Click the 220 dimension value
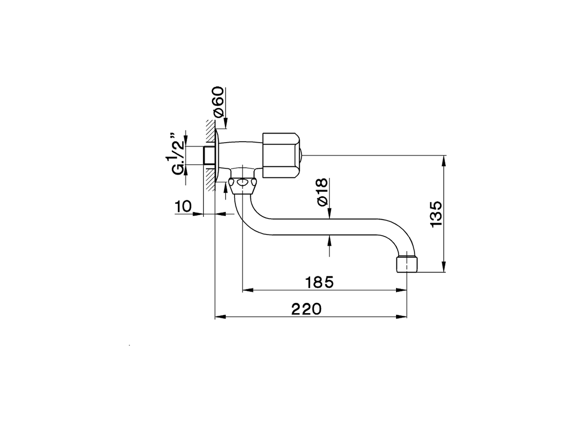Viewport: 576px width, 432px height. (306, 309)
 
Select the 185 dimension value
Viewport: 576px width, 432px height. (319, 283)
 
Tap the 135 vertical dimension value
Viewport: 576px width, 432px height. (436, 214)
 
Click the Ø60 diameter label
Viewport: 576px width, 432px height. (218, 102)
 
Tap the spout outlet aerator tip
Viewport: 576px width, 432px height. (407, 264)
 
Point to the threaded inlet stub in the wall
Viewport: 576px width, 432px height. (209, 156)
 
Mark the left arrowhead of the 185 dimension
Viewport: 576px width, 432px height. (247, 290)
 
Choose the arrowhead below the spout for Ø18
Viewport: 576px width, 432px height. (330, 239)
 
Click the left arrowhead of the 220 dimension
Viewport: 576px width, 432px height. (219, 317)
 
